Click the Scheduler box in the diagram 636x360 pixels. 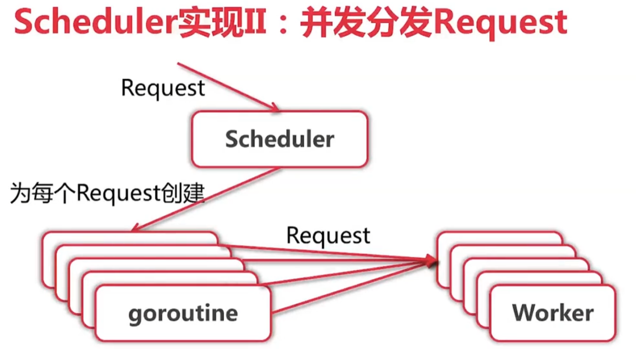tap(279, 139)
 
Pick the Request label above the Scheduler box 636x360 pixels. tap(163, 88)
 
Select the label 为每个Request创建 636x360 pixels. tap(107, 194)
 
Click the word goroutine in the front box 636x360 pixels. tap(183, 313)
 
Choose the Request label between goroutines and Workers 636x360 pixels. tap(328, 235)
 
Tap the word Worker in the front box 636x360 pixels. tap(553, 313)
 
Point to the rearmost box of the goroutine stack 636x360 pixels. tap(129, 236)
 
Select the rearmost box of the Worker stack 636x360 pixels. tap(498, 236)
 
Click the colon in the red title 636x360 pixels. tap(284, 23)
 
